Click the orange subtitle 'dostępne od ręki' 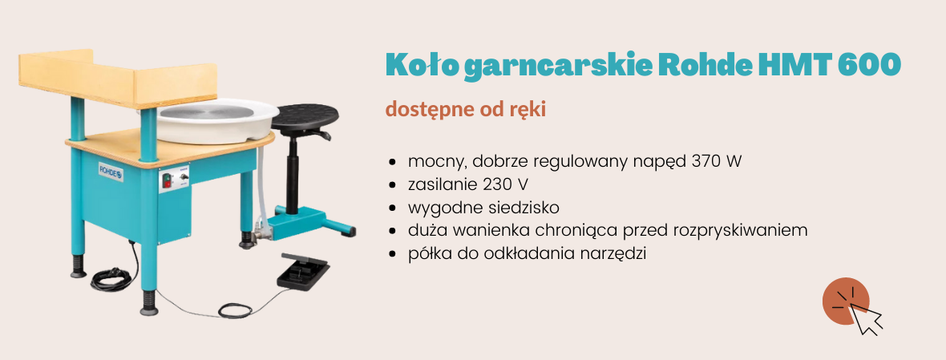pyautogui.click(x=466, y=111)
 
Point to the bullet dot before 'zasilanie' pyautogui.click(x=394, y=186)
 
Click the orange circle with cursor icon pyautogui.click(x=846, y=301)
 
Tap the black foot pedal pyautogui.click(x=303, y=271)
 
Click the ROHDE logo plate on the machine pyautogui.click(x=111, y=172)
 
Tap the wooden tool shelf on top pyautogui.click(x=118, y=79)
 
